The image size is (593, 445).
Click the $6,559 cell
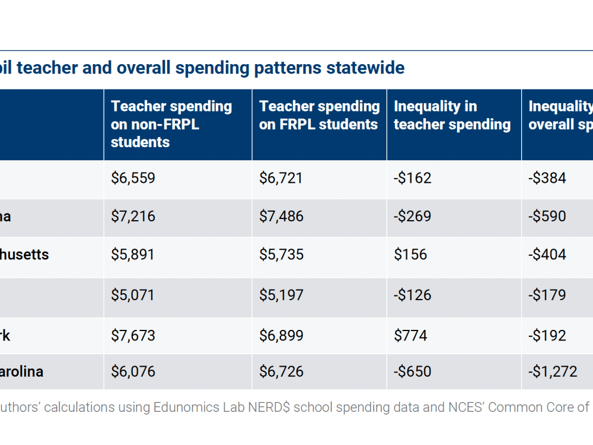(x=133, y=178)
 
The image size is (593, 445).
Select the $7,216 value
(x=133, y=216)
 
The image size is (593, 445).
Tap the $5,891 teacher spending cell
(x=133, y=255)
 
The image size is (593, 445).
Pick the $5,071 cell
(x=133, y=295)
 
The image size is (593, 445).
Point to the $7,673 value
(x=133, y=335)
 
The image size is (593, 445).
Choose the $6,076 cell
(x=133, y=371)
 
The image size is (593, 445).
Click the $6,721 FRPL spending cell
(x=281, y=178)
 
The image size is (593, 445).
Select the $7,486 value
(x=281, y=216)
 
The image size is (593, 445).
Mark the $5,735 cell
(x=281, y=255)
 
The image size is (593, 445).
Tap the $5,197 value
(x=281, y=295)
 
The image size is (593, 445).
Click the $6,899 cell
(x=281, y=335)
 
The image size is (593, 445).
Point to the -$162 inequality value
(x=413, y=178)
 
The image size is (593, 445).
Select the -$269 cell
(x=413, y=216)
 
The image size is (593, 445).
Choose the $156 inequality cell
(x=410, y=255)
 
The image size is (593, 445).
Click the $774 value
(x=410, y=335)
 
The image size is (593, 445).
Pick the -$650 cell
(x=413, y=371)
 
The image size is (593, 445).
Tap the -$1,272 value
(x=553, y=371)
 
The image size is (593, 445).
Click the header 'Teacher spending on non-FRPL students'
(x=171, y=124)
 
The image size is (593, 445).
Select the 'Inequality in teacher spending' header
(x=452, y=115)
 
